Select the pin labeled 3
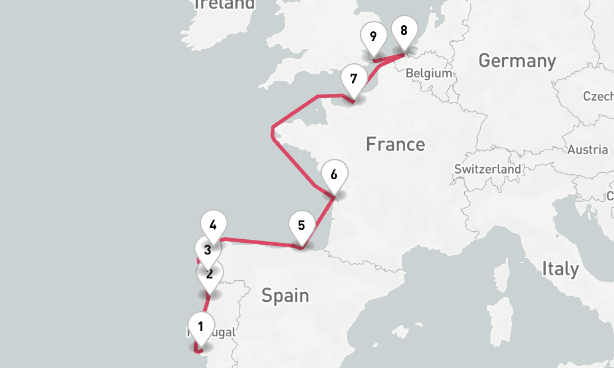click(208, 250)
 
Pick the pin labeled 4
click(213, 225)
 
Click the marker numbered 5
click(301, 225)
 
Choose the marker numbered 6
click(333, 175)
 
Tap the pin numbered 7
click(353, 79)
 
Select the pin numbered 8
click(403, 31)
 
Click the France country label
click(395, 144)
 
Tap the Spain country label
click(285, 296)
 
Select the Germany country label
click(517, 61)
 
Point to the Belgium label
click(429, 73)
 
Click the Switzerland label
click(488, 169)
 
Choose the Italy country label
click(560, 269)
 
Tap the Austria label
click(588, 150)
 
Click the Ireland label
click(225, 4)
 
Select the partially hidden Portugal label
click(215, 332)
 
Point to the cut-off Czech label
click(599, 96)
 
